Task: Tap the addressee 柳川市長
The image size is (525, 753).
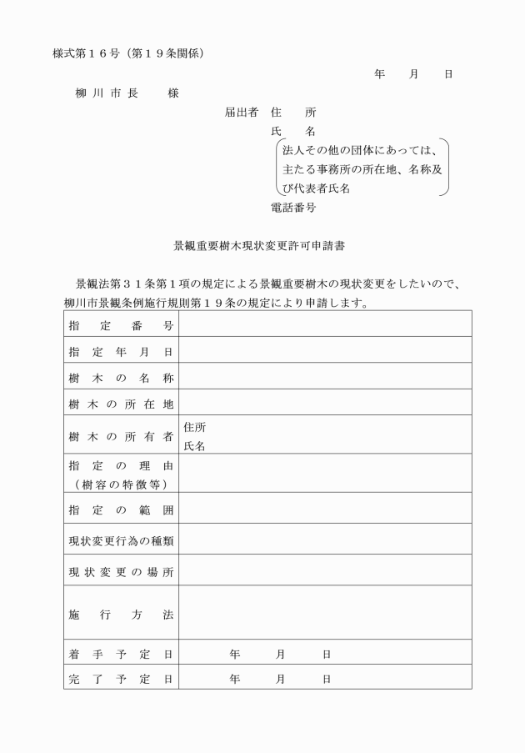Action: click(106, 93)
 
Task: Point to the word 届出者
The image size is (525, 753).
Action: click(242, 112)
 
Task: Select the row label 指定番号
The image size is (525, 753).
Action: click(121, 325)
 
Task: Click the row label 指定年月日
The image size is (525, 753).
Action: click(121, 352)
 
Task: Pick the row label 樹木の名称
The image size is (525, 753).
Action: click(121, 379)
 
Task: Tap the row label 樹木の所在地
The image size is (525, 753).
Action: click(121, 405)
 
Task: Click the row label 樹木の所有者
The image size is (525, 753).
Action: click(121, 436)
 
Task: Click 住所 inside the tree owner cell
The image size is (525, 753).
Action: click(194, 428)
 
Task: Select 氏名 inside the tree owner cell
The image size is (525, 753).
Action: click(194, 446)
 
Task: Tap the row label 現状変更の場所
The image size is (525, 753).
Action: click(121, 573)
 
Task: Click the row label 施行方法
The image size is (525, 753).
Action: click(121, 615)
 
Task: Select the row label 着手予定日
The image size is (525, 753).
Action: click(121, 654)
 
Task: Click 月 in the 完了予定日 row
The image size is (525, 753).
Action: click(280, 679)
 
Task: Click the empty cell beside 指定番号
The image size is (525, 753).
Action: click(325, 325)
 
